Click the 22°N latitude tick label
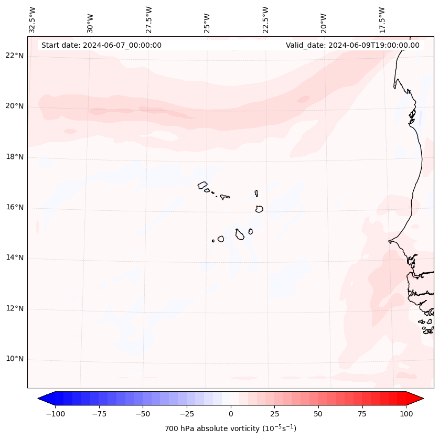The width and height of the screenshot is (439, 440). coord(15,56)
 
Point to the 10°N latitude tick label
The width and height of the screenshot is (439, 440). coord(15,359)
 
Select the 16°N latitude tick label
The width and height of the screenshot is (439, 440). coord(15,208)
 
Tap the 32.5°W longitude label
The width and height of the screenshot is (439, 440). coord(33,19)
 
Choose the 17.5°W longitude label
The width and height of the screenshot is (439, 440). coord(382,19)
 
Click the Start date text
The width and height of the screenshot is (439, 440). coord(101,45)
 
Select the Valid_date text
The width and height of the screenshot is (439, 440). coord(352,45)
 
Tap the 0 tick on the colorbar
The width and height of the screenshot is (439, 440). coord(231,414)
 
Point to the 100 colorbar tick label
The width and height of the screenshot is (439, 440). coord(406,414)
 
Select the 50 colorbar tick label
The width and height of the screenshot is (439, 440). coord(318,414)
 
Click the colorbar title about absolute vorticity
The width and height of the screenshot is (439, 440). coord(231,429)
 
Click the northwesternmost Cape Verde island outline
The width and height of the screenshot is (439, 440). coord(202,185)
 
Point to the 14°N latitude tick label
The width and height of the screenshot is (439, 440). coord(15,258)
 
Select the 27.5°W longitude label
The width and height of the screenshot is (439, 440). coord(149,19)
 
